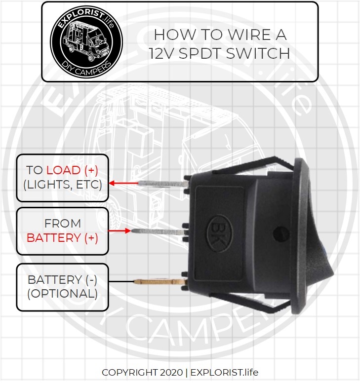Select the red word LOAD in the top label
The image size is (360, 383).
click(63, 170)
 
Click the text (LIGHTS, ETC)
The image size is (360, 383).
click(63, 185)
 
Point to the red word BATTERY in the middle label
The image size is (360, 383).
click(54, 237)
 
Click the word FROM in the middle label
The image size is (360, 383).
click(62, 224)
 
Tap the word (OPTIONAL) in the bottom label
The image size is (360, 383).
click(62, 293)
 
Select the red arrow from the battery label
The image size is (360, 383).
click(119, 230)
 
